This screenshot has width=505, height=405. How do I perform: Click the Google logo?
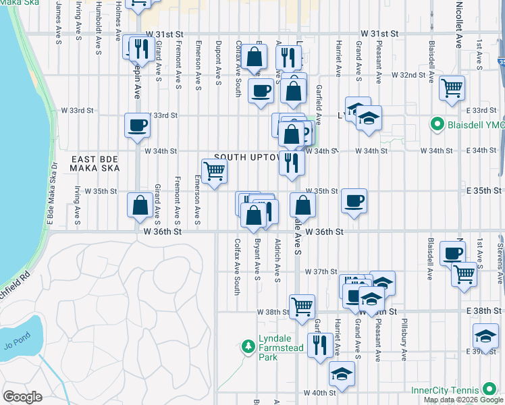click(22, 397)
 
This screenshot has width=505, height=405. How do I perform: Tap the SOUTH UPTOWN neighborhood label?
click(247, 157)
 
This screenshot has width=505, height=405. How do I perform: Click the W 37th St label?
click(320, 271)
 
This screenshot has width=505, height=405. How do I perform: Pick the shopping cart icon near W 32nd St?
click(452, 87)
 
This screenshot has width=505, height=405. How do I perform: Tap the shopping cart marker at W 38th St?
click(301, 306)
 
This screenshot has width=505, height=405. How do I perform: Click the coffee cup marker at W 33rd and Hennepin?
click(137, 125)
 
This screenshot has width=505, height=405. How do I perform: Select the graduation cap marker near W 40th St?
click(342, 373)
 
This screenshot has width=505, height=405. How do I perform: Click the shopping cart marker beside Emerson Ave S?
click(214, 171)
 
